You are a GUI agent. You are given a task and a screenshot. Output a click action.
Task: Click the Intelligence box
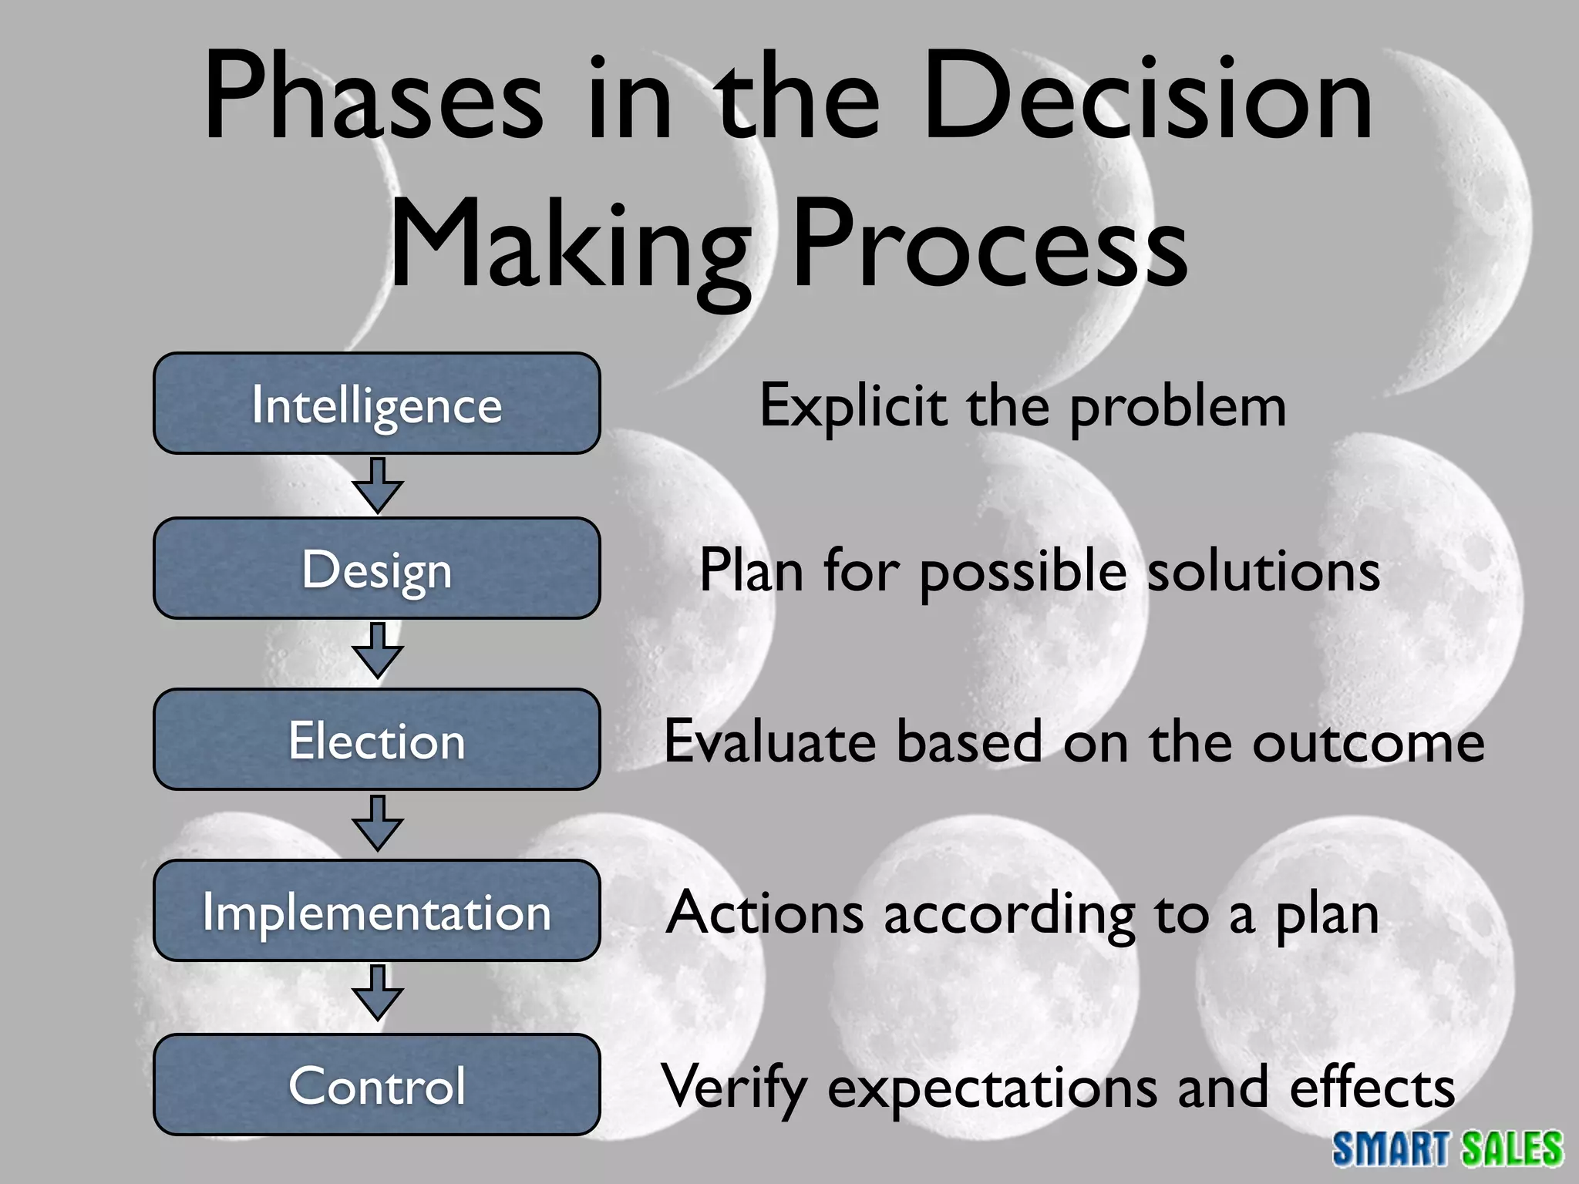pyautogui.click(x=376, y=404)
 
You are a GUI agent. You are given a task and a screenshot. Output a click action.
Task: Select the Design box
pyautogui.click(x=376, y=569)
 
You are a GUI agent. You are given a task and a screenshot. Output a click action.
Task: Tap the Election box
pyautogui.click(x=376, y=740)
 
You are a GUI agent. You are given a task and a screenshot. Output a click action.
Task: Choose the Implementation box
pyautogui.click(x=376, y=911)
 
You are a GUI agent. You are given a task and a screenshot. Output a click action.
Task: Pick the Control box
pyautogui.click(x=376, y=1085)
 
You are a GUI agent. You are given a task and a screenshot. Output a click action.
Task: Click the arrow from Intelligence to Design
pyautogui.click(x=377, y=486)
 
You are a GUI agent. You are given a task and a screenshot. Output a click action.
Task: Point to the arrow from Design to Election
pyautogui.click(x=377, y=651)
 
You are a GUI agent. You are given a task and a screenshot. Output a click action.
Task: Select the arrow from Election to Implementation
pyautogui.click(x=377, y=824)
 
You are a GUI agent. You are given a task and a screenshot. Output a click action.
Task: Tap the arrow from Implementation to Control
pyautogui.click(x=377, y=994)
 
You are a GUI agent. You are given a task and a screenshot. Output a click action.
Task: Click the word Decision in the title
pyautogui.click(x=1147, y=99)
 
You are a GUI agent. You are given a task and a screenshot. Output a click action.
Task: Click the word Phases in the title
pyautogui.click(x=373, y=99)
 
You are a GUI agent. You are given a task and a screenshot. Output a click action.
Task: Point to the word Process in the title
pyautogui.click(x=990, y=245)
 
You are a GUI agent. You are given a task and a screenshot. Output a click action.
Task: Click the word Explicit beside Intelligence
pyautogui.click(x=853, y=406)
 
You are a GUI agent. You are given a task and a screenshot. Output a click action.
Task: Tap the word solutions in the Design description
pyautogui.click(x=1264, y=571)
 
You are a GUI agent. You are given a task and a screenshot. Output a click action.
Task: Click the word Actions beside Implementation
pyautogui.click(x=765, y=913)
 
